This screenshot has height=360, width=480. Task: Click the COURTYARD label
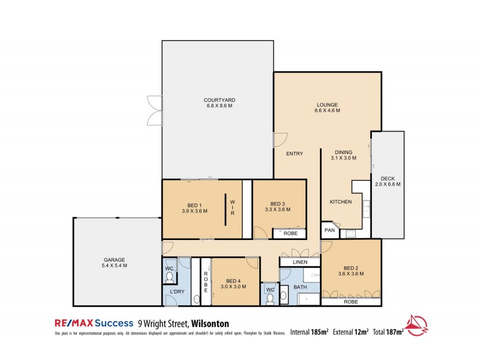[x=218, y=100]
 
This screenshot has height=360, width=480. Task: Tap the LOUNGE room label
[x=328, y=105]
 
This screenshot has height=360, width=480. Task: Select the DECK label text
[x=386, y=178]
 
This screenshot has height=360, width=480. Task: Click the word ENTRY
[x=294, y=154]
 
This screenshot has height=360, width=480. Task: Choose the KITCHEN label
[x=341, y=202]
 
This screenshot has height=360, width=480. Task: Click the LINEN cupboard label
[x=299, y=263]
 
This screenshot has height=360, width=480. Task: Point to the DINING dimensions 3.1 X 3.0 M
[x=343, y=158]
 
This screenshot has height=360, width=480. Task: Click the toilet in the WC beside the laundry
[x=170, y=277]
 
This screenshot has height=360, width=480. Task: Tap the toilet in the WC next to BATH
[x=270, y=298]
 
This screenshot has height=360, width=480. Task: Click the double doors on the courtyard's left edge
[x=155, y=110]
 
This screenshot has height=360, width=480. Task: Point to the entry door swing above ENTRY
[x=279, y=139]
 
